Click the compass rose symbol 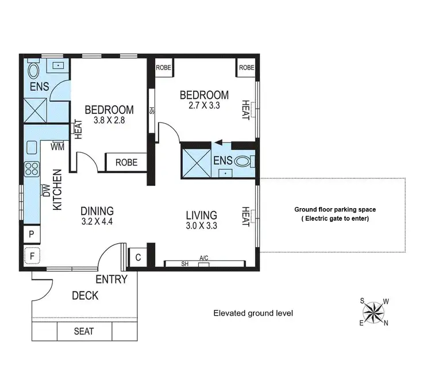tap(374, 313)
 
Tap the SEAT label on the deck tap(84, 332)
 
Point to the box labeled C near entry tap(138, 257)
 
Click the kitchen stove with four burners tap(31, 169)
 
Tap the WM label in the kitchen tap(57, 147)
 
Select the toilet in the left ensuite tap(33, 71)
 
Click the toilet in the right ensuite tap(244, 162)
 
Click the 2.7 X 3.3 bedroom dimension tap(204, 106)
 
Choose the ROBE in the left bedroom tap(126, 163)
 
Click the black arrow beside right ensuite tap(218, 145)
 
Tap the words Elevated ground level tap(253, 313)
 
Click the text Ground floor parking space tap(335, 210)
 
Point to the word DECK tap(85, 296)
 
